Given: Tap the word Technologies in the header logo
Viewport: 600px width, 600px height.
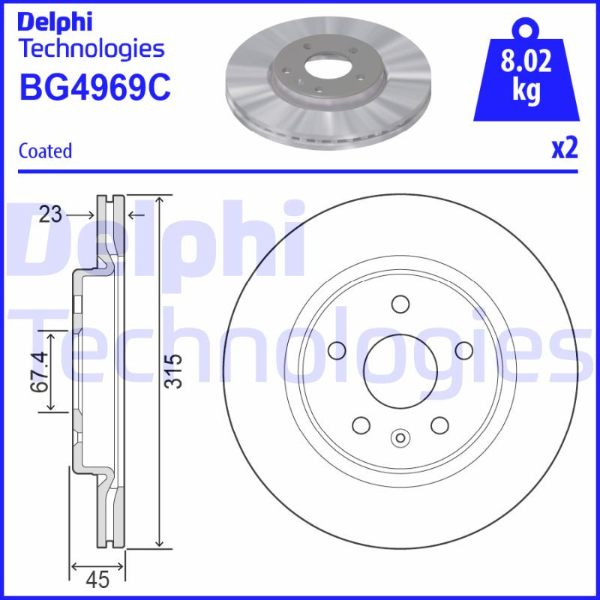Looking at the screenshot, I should pyautogui.click(x=91, y=49).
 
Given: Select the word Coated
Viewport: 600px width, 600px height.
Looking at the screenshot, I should pyautogui.click(x=45, y=151).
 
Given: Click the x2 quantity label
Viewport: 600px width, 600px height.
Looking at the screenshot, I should pyautogui.click(x=565, y=149).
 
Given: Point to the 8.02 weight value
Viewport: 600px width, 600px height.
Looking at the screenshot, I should pyautogui.click(x=526, y=61).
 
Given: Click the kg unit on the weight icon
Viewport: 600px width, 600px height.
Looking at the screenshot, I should pyautogui.click(x=526, y=91).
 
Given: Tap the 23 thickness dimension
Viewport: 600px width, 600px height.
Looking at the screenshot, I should pyautogui.click(x=50, y=215).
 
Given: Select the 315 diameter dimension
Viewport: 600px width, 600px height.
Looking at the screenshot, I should pyautogui.click(x=174, y=370).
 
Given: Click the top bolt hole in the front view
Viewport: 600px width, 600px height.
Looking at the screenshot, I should pyautogui.click(x=400, y=304).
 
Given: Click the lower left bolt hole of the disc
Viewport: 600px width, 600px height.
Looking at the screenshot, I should pyautogui.click(x=361, y=424).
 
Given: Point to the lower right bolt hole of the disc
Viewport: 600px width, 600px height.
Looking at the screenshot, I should pyautogui.click(x=439, y=424).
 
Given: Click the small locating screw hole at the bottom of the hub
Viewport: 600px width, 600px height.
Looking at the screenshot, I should pyautogui.click(x=400, y=438).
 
